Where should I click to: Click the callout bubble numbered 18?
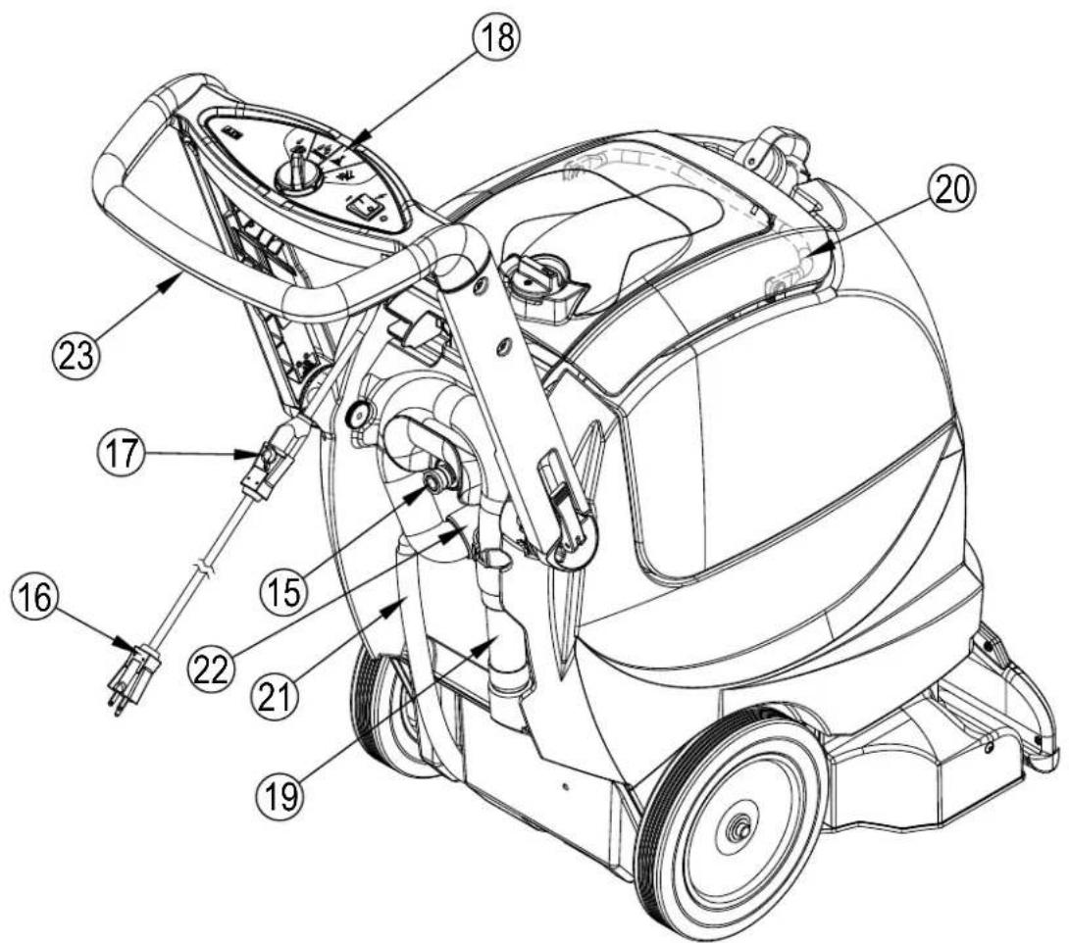click(x=496, y=37)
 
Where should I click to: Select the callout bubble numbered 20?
click(x=952, y=191)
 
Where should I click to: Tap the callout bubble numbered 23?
click(x=76, y=354)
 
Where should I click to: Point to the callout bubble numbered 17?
click(x=122, y=453)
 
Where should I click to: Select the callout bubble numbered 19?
click(x=280, y=794)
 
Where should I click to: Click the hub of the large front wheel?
click(x=738, y=829)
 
